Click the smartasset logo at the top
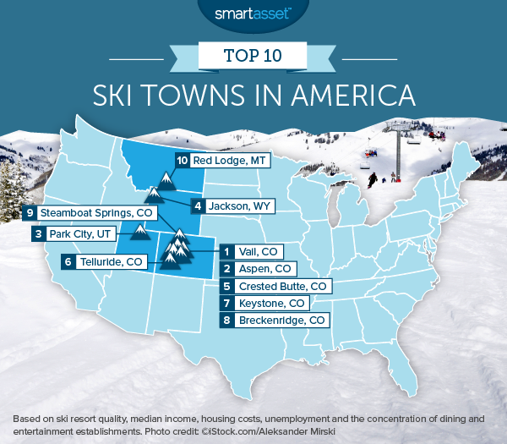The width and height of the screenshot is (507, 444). pyautogui.click(x=253, y=14)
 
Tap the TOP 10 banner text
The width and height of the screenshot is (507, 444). pyautogui.click(x=253, y=56)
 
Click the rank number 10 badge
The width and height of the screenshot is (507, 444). pyautogui.click(x=182, y=160)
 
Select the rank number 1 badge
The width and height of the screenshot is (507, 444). pyautogui.click(x=226, y=251)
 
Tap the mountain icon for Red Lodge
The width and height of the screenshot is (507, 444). pyautogui.click(x=166, y=180)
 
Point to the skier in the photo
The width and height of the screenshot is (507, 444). pyautogui.click(x=373, y=179)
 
